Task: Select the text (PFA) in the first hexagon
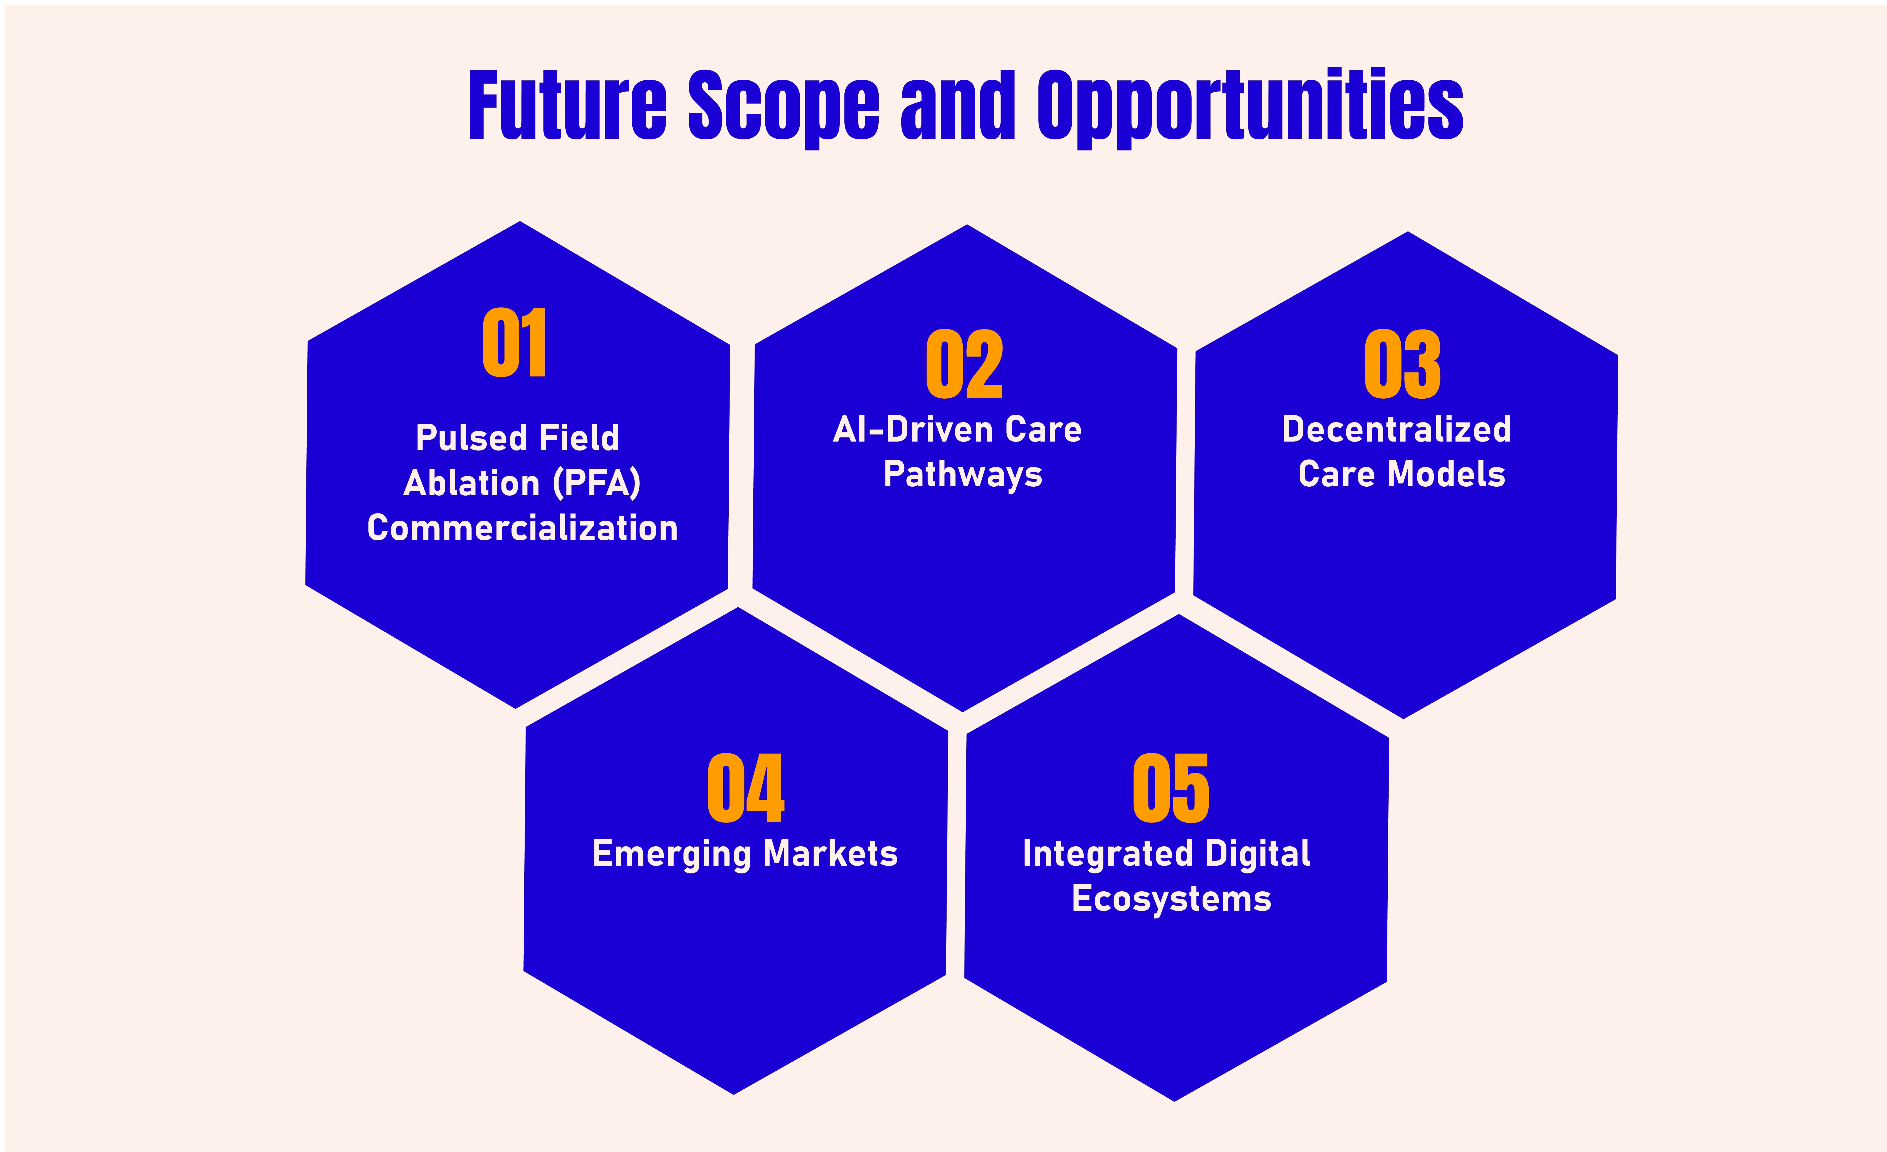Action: tap(597, 483)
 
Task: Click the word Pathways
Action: tap(963, 475)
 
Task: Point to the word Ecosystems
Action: tap(1171, 898)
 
